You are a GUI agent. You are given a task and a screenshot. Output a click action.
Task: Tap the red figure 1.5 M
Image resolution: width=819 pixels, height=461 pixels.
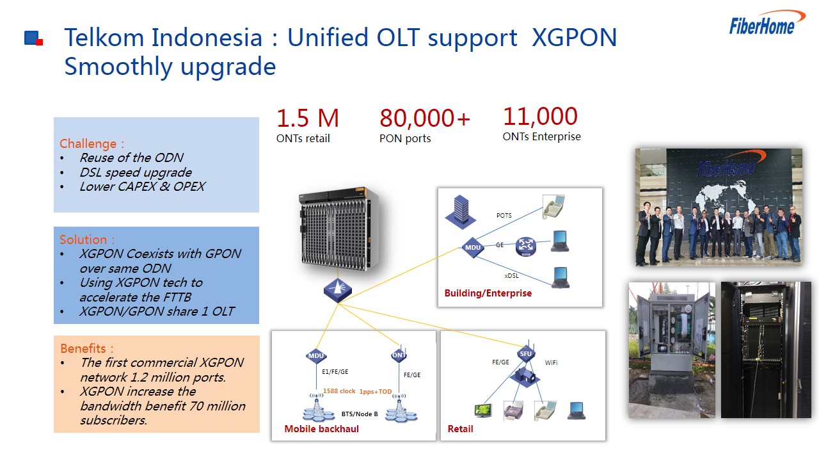pos(308,118)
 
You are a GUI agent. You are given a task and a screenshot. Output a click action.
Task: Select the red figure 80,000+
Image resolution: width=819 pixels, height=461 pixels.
pos(425,118)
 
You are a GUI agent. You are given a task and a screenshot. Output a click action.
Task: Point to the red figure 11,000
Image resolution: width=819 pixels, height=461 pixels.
pos(541,116)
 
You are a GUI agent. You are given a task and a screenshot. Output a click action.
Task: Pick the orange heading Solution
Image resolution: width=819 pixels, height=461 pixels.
pos(87,239)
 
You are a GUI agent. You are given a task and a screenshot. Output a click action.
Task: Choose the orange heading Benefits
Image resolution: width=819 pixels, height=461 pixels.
pos(86,348)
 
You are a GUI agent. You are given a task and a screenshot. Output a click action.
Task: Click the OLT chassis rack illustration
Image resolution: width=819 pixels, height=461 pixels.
pos(338,229)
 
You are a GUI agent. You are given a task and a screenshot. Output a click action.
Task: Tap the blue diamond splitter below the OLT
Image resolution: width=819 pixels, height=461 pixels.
pos(337,291)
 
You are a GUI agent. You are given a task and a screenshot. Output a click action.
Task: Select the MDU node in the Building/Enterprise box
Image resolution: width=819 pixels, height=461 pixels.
pos(472,248)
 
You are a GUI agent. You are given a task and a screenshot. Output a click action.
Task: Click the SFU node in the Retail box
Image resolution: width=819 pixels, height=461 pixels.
pos(526,354)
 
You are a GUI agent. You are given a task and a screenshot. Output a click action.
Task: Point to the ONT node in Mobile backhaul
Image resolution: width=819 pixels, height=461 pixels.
pos(399,355)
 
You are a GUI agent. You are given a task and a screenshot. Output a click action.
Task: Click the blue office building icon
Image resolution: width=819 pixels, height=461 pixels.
pos(461,212)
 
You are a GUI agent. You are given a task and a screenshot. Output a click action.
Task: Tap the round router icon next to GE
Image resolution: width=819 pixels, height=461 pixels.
pos(526,247)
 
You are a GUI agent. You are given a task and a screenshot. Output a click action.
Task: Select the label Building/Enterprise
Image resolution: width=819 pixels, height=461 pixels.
pos(488,293)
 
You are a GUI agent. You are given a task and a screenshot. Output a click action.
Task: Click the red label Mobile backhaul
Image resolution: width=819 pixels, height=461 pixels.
pos(321,429)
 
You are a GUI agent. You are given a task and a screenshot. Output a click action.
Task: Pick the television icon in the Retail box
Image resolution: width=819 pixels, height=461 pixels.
pos(483,411)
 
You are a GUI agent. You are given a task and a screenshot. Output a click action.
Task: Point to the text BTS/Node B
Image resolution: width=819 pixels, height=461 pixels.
pos(360,414)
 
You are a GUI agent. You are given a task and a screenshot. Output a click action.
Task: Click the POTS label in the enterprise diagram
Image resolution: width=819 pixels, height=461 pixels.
pos(504,216)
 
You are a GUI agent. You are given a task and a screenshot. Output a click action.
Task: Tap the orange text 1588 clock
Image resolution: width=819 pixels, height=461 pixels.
pos(339,391)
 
